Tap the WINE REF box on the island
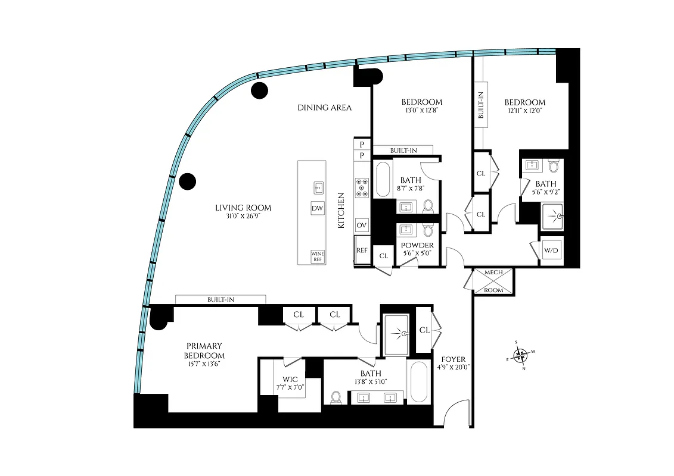(318, 256)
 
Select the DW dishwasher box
(318, 209)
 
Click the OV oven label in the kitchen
(361, 226)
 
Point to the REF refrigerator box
(362, 250)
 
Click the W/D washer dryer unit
(551, 250)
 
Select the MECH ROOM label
(493, 281)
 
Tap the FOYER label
(454, 359)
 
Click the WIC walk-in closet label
(290, 379)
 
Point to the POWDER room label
(417, 245)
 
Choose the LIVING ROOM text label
(243, 208)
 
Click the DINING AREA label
(324, 108)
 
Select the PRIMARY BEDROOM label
(204, 350)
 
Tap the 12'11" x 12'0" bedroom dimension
(526, 111)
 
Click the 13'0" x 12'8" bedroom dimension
(422, 110)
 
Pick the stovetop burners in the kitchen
(362, 187)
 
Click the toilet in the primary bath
(336, 397)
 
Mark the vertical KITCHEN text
(341, 211)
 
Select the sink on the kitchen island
(318, 187)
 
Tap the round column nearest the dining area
(259, 90)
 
